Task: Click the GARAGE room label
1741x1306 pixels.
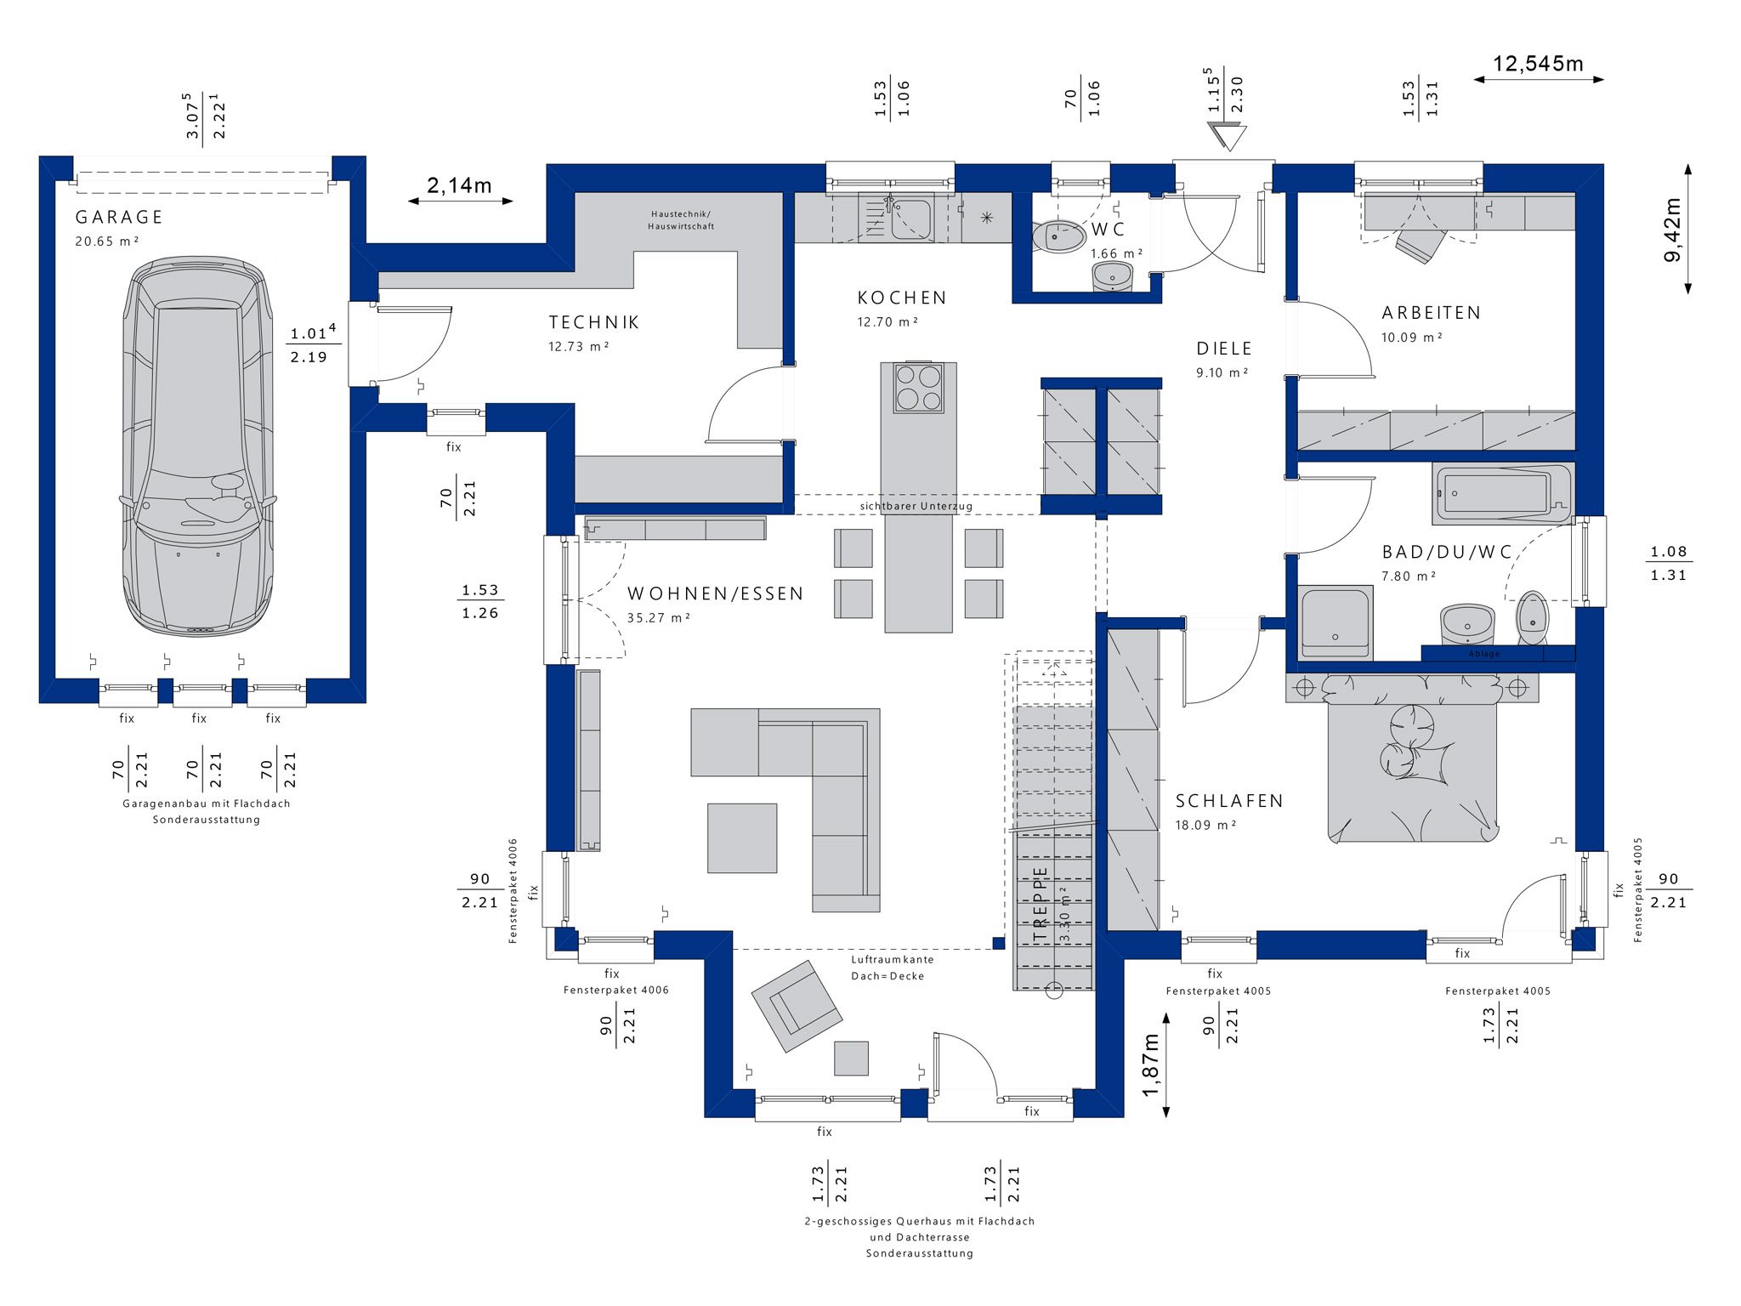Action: click(x=119, y=217)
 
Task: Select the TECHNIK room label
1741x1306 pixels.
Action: click(x=594, y=322)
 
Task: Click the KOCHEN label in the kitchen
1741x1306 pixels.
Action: click(x=902, y=298)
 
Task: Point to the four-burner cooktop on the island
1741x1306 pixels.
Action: click(x=918, y=388)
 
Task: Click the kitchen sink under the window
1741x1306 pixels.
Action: click(x=910, y=219)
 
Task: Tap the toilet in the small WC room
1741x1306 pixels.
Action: click(x=1059, y=236)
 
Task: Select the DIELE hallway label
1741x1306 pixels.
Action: click(x=1224, y=349)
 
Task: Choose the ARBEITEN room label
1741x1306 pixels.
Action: click(x=1431, y=313)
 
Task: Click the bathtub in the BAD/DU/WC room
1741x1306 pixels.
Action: click(x=1503, y=494)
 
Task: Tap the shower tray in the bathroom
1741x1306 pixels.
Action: click(x=1335, y=622)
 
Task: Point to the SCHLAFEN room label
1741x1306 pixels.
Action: click(x=1229, y=801)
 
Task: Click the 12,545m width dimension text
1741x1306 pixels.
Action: click(x=1538, y=64)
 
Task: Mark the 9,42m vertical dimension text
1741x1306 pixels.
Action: click(x=1672, y=230)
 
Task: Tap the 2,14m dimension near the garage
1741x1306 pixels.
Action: click(x=459, y=185)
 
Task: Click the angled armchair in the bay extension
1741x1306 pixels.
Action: click(x=797, y=1006)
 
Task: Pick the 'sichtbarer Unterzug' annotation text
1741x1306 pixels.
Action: click(x=916, y=506)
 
